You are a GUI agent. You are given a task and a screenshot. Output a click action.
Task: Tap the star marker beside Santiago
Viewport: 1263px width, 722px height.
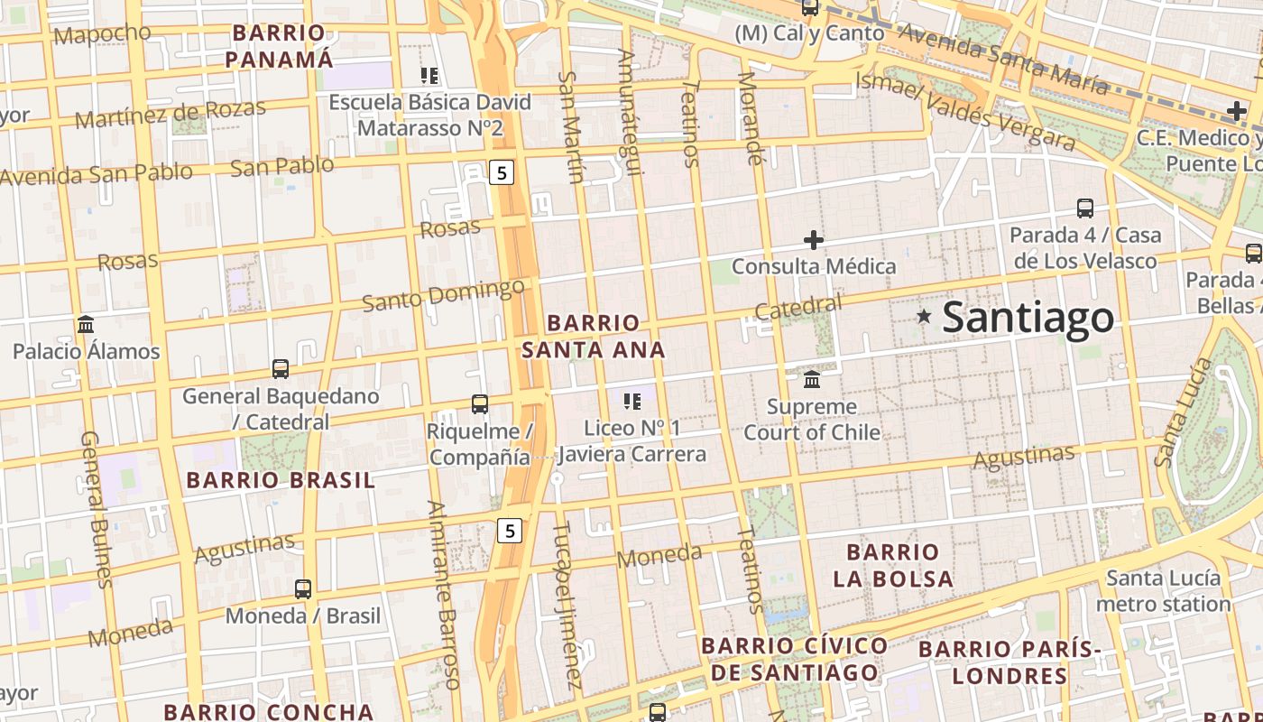pyautogui.click(x=924, y=316)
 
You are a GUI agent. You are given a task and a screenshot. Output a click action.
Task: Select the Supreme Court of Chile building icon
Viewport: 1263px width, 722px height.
pyautogui.click(x=812, y=379)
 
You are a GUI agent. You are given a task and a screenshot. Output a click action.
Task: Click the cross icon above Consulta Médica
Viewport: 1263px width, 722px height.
pyautogui.click(x=814, y=240)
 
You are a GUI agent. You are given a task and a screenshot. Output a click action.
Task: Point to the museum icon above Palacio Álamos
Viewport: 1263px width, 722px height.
pyautogui.click(x=86, y=324)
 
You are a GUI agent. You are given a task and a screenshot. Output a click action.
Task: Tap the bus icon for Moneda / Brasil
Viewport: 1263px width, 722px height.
pyautogui.click(x=303, y=589)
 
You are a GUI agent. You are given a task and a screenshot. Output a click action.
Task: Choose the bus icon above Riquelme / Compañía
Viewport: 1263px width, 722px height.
pyautogui.click(x=480, y=404)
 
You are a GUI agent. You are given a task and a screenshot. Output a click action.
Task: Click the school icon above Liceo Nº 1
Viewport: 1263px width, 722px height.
pyautogui.click(x=632, y=401)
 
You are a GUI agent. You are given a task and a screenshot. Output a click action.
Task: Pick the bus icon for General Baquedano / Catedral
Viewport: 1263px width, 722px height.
pyautogui.click(x=281, y=369)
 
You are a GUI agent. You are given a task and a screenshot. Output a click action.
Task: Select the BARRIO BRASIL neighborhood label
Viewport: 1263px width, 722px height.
pyautogui.click(x=281, y=480)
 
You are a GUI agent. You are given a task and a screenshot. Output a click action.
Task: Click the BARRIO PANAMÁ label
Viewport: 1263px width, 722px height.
pyautogui.click(x=279, y=46)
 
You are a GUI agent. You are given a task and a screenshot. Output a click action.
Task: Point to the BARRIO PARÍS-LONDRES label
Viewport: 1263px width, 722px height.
pyautogui.click(x=1010, y=662)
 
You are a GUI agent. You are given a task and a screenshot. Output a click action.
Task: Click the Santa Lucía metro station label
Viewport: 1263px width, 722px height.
pyautogui.click(x=1164, y=590)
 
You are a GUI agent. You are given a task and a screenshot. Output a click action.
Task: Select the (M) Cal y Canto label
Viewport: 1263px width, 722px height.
pyautogui.click(x=809, y=33)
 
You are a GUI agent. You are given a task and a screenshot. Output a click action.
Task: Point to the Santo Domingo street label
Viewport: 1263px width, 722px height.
pyautogui.click(x=443, y=294)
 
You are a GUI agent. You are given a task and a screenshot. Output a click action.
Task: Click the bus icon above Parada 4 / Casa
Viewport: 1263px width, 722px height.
pyautogui.click(x=1085, y=208)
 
